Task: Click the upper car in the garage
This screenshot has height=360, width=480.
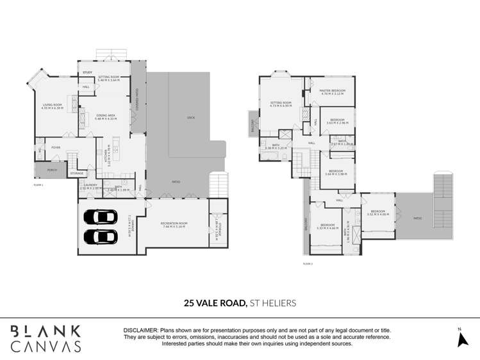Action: click(x=101, y=217)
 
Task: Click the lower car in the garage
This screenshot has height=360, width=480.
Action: click(x=101, y=236)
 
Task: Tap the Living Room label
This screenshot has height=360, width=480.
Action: click(x=52, y=106)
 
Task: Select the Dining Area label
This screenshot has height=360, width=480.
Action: click(x=105, y=116)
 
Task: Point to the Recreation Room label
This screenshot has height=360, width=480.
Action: click(x=174, y=224)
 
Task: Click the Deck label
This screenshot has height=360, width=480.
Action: click(x=190, y=118)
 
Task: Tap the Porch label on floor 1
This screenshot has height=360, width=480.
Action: click(x=52, y=170)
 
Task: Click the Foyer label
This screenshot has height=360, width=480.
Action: click(x=56, y=147)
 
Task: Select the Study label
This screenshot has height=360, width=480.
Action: click(x=88, y=72)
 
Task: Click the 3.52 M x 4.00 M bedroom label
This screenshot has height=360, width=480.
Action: click(x=377, y=212)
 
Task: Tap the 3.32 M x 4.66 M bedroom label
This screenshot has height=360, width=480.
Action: click(x=328, y=225)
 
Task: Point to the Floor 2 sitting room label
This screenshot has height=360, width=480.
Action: click(x=281, y=104)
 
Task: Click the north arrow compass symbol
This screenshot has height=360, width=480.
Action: click(x=463, y=339)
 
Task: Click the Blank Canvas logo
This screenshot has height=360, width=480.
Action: click(x=46, y=338)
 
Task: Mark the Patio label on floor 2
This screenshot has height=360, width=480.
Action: click(x=417, y=218)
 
